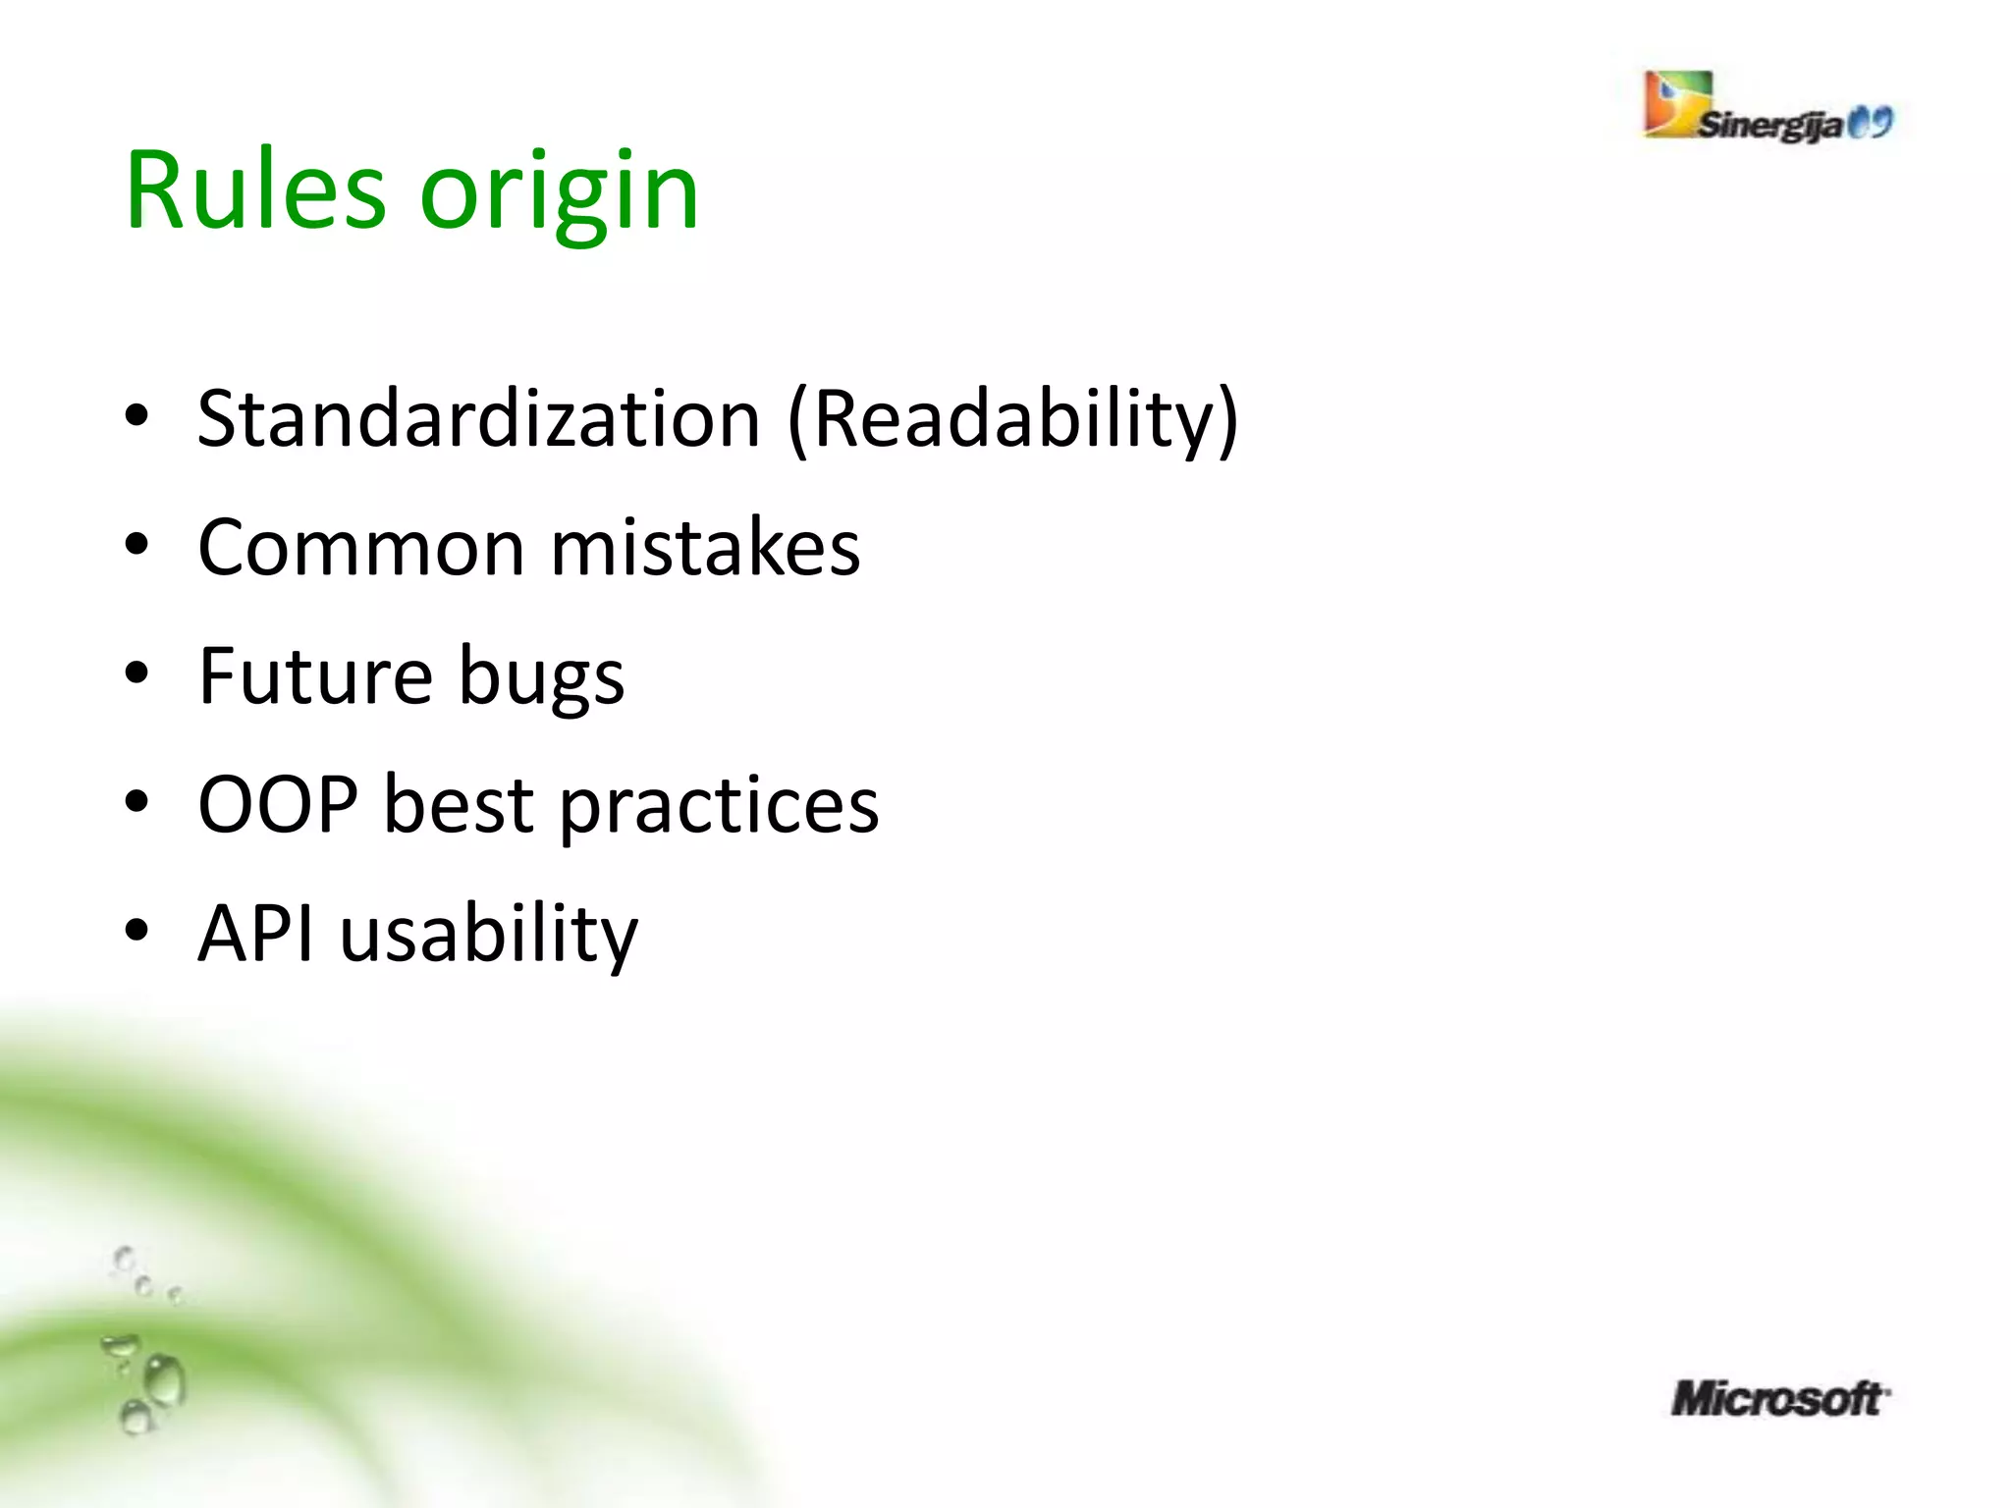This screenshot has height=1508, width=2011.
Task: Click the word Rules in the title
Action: tap(255, 190)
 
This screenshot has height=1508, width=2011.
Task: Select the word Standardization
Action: tap(478, 419)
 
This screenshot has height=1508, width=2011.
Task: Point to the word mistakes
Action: tap(705, 548)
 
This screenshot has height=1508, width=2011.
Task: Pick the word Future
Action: tap(315, 676)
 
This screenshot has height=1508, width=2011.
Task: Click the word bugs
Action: tap(541, 680)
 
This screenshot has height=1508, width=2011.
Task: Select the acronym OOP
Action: tap(278, 805)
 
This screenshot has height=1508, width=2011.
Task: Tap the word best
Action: tap(458, 805)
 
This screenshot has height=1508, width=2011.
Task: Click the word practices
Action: tap(719, 807)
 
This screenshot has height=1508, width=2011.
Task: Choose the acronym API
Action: tap(255, 934)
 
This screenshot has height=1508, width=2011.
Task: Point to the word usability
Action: tap(489, 936)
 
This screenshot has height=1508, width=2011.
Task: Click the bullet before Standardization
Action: tap(136, 416)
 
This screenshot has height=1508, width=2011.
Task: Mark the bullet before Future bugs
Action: tap(136, 673)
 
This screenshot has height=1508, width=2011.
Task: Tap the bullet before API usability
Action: tap(136, 931)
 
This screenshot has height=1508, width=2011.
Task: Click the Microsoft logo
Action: tap(1778, 1398)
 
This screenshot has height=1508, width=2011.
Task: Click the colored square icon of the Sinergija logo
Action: tap(1677, 102)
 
